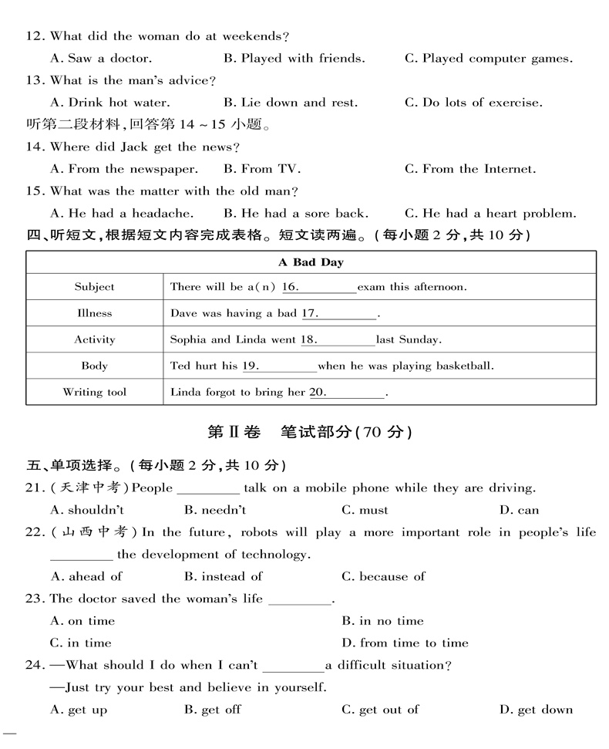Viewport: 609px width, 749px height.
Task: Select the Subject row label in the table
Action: (94, 287)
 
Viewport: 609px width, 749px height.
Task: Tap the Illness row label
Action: (94, 313)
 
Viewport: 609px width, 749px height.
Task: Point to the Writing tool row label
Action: (94, 392)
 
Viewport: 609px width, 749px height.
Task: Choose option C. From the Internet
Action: (469, 169)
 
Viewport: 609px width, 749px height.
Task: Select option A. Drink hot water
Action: (109, 103)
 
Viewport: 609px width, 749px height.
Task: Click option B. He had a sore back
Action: (295, 214)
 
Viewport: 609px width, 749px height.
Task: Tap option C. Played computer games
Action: (488, 59)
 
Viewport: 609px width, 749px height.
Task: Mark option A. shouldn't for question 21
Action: (86, 510)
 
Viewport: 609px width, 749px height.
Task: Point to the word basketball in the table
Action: (464, 366)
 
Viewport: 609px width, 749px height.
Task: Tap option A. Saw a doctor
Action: (100, 59)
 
